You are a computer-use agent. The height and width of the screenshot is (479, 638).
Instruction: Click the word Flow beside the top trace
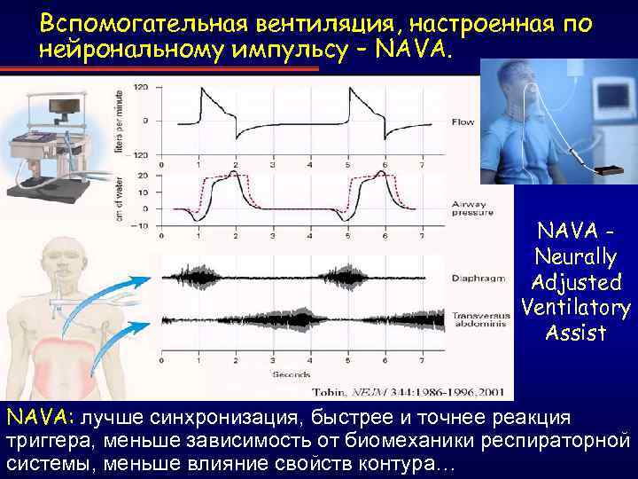point(463,122)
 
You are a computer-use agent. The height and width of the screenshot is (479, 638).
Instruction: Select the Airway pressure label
point(469,208)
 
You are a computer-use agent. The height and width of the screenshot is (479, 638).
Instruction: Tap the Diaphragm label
point(472,275)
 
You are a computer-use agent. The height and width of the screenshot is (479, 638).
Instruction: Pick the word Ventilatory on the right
point(576,308)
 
